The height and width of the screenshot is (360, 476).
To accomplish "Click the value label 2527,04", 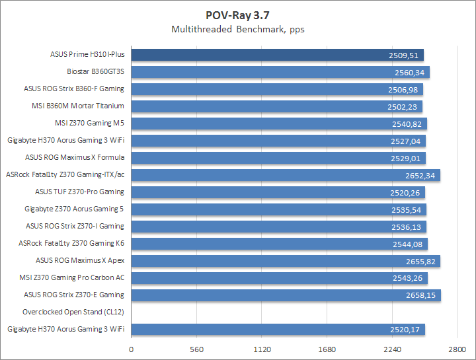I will coord(405,141).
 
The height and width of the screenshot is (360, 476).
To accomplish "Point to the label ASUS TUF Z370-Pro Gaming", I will coord(79,192).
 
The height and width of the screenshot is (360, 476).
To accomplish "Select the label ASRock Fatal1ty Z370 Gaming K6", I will coord(71,243).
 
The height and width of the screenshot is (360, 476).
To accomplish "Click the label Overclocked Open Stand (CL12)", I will coord(73,312).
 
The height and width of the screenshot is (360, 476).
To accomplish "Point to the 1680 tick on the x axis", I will coord(327,349).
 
